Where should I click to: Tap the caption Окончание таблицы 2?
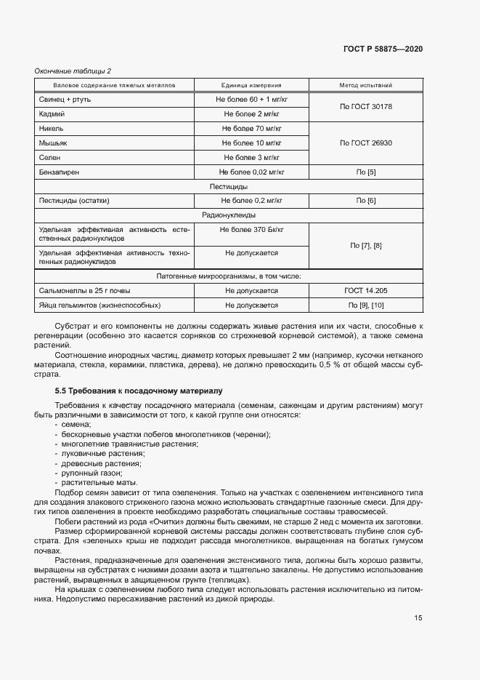point(73,71)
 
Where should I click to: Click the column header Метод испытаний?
point(365,85)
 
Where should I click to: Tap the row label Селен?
point(49,158)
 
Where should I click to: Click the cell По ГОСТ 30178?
point(365,106)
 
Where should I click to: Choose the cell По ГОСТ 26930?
point(365,143)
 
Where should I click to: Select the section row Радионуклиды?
point(228,215)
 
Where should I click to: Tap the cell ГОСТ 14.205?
point(365,290)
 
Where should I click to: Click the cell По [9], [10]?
point(365,305)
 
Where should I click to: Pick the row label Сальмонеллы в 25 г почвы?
point(83,290)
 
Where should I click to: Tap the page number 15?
point(418,618)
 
